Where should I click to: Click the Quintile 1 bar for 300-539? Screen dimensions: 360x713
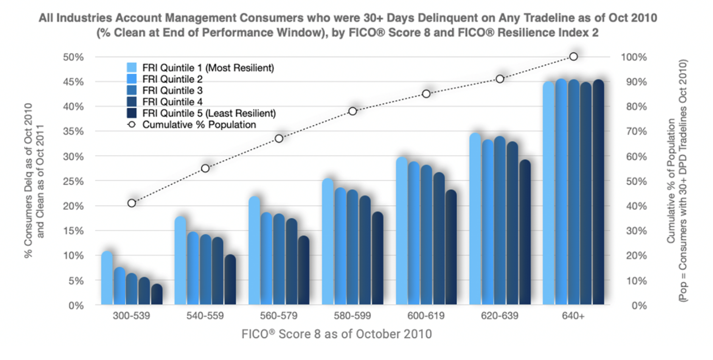point(107,278)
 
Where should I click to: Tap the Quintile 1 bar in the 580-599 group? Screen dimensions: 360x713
point(328,242)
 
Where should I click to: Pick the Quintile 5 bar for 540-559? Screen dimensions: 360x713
point(230,280)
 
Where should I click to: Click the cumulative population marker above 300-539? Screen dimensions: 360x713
point(132,203)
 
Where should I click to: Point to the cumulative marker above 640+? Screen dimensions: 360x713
point(573,56)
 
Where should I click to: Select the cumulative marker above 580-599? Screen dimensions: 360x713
point(352,111)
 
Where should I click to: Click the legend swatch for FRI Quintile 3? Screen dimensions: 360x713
point(132,90)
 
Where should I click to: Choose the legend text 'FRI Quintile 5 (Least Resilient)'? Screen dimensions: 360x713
point(209,113)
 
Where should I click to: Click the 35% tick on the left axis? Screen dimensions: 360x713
point(73,132)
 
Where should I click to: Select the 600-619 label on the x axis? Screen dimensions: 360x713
point(426,316)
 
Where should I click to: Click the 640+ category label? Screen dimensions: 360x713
point(573,316)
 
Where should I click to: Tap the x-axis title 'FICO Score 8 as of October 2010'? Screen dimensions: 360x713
point(336,334)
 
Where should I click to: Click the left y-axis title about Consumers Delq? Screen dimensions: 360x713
point(34,180)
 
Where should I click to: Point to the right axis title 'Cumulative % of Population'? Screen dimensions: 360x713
point(671,180)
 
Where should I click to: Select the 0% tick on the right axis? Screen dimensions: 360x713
point(639,306)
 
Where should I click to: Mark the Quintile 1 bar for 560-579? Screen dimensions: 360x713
point(254,250)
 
